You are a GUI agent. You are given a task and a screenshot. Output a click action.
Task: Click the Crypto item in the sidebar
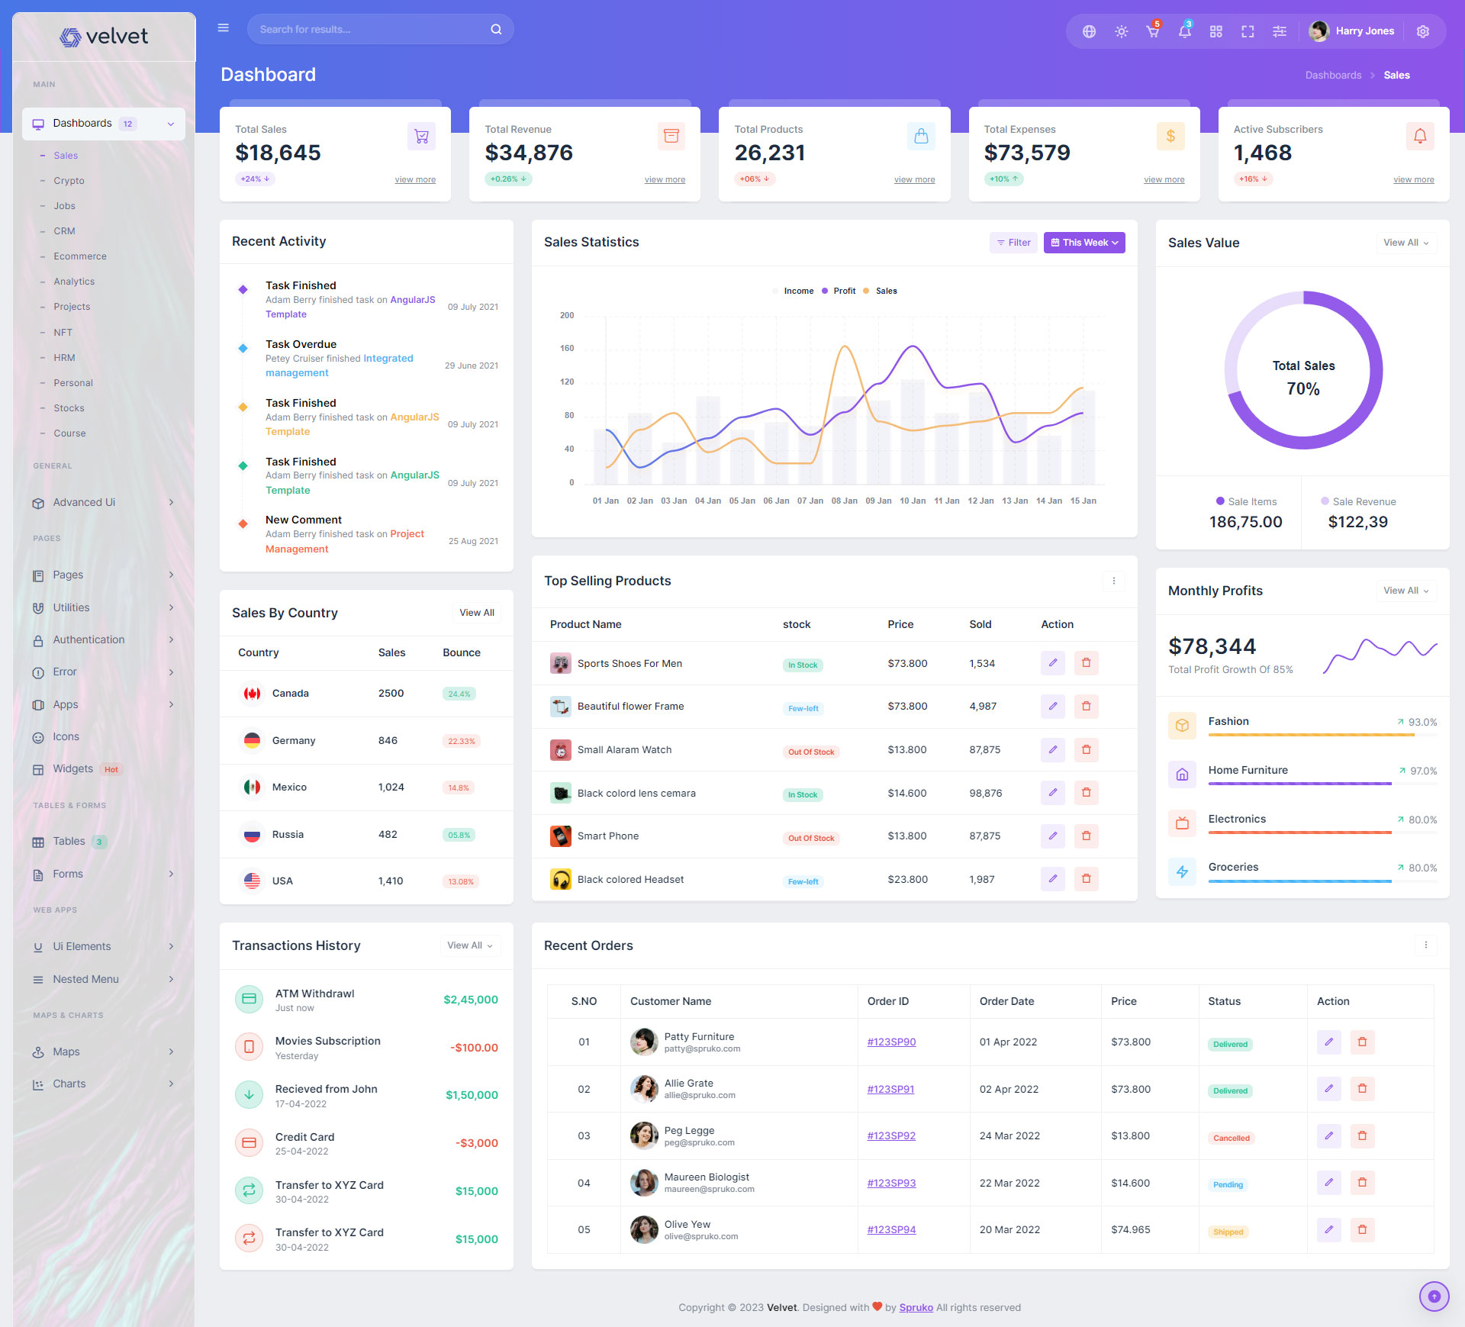(69, 181)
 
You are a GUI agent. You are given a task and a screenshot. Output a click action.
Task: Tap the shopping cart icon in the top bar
(1152, 31)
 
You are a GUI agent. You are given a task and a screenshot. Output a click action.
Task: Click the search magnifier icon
(496, 30)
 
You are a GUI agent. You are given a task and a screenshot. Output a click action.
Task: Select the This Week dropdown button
(1083, 243)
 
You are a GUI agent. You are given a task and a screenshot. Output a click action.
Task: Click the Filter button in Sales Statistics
(1013, 243)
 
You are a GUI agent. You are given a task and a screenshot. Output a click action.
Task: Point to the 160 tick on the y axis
(567, 349)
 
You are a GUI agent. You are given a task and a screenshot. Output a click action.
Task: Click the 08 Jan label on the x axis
(844, 501)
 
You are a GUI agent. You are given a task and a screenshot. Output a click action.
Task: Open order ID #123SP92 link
(890, 1136)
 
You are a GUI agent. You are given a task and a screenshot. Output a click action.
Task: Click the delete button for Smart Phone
(1086, 836)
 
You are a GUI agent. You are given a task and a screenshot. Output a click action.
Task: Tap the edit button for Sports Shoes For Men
(1052, 663)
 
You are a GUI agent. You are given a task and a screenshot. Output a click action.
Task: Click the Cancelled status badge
(1231, 1139)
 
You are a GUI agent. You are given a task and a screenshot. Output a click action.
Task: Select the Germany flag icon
(252, 740)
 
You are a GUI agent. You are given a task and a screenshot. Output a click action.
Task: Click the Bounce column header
(461, 653)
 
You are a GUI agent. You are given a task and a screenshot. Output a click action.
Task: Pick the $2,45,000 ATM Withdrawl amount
(470, 1000)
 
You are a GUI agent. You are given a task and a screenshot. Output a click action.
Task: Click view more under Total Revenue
(664, 180)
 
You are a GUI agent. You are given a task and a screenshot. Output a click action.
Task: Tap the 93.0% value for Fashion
(1422, 723)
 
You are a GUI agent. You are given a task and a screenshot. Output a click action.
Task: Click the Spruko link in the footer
(916, 1308)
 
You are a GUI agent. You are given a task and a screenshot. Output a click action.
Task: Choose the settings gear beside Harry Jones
(1422, 31)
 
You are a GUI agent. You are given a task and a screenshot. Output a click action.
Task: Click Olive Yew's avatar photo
(644, 1230)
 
